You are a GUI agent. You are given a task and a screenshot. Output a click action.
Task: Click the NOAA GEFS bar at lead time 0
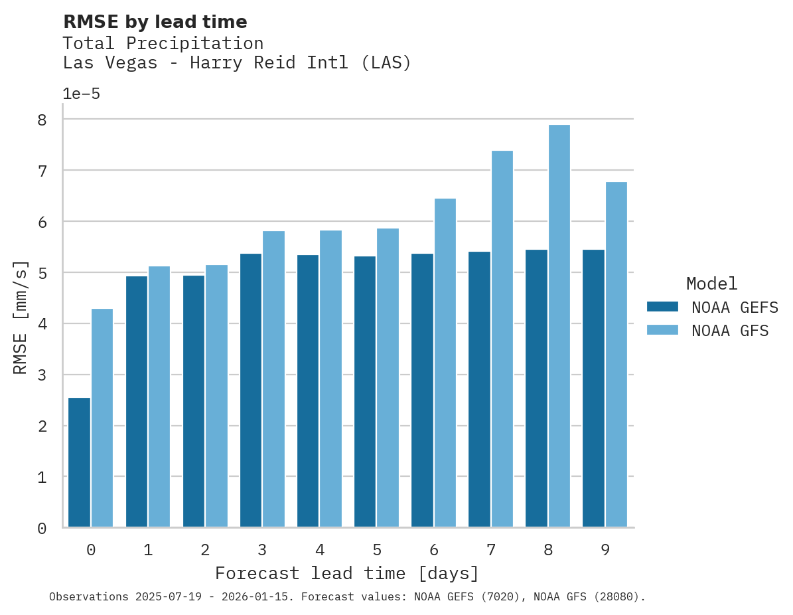tap(79, 462)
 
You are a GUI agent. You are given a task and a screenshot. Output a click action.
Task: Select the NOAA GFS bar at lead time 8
tap(559, 326)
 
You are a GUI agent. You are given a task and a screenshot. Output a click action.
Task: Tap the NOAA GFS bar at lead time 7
tap(502, 339)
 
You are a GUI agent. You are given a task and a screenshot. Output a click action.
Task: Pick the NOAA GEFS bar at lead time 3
tap(251, 391)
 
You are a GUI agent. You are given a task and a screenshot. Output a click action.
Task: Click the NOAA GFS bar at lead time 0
tap(102, 418)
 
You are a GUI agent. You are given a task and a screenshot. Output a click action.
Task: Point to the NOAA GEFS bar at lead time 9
tap(594, 389)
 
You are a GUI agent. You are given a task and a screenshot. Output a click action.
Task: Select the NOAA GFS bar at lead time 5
tap(388, 378)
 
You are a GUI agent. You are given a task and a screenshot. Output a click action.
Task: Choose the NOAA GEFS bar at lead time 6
tap(423, 391)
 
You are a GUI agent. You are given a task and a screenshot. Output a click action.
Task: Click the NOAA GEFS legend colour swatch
tap(662, 306)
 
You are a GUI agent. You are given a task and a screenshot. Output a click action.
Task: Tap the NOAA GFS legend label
tap(729, 331)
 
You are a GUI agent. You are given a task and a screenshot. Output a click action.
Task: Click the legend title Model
tap(711, 284)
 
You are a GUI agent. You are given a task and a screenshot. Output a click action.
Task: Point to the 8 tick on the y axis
tap(42, 120)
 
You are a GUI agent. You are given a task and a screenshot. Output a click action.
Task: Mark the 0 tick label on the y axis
tap(42, 528)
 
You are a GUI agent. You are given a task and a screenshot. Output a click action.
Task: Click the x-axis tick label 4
tap(320, 550)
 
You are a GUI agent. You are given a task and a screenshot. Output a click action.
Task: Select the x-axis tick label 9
tap(605, 550)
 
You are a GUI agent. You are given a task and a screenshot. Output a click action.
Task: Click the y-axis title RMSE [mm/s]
tap(21, 317)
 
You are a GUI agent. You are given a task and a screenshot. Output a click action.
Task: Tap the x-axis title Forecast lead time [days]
tap(346, 573)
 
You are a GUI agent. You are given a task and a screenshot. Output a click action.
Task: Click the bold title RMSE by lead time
tap(155, 22)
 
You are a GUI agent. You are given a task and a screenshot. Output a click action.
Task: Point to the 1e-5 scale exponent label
tap(81, 94)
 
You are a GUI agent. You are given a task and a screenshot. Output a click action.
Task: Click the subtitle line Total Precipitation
tap(163, 43)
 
